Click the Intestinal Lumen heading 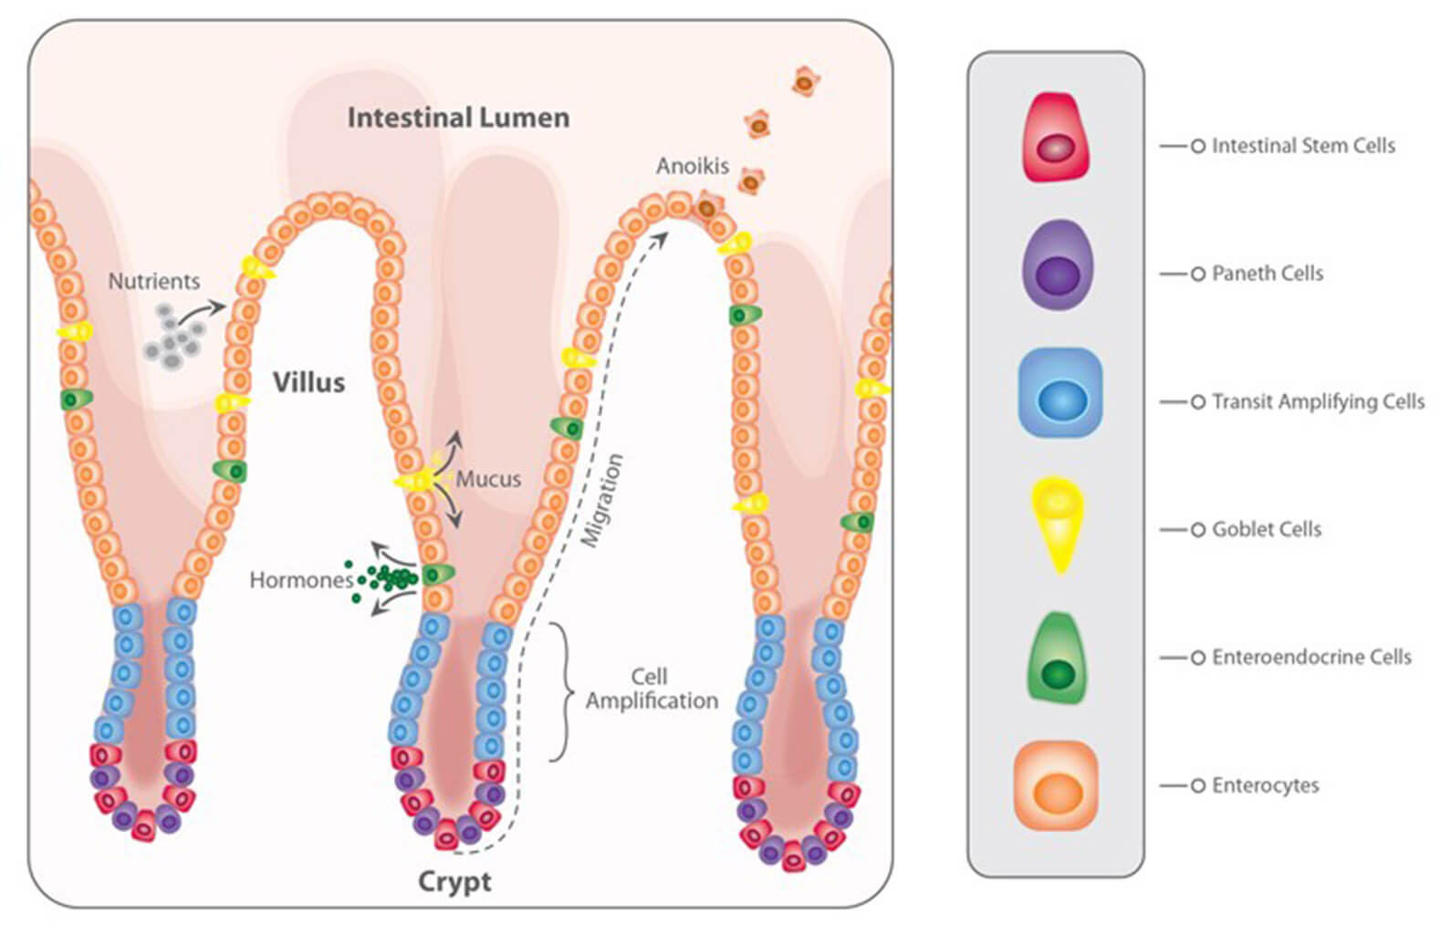click(459, 118)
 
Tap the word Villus click(308, 382)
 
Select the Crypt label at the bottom click(454, 882)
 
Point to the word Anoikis click(693, 166)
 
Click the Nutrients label click(154, 281)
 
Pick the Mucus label click(488, 479)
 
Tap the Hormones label click(302, 580)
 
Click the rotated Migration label click(602, 501)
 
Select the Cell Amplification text click(652, 689)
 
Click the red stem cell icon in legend click(1057, 137)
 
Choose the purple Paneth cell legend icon click(1057, 265)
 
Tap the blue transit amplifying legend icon click(1060, 393)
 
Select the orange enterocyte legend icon click(1057, 785)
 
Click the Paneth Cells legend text click(1267, 274)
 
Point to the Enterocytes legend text click(1265, 785)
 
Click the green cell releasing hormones click(438, 574)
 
